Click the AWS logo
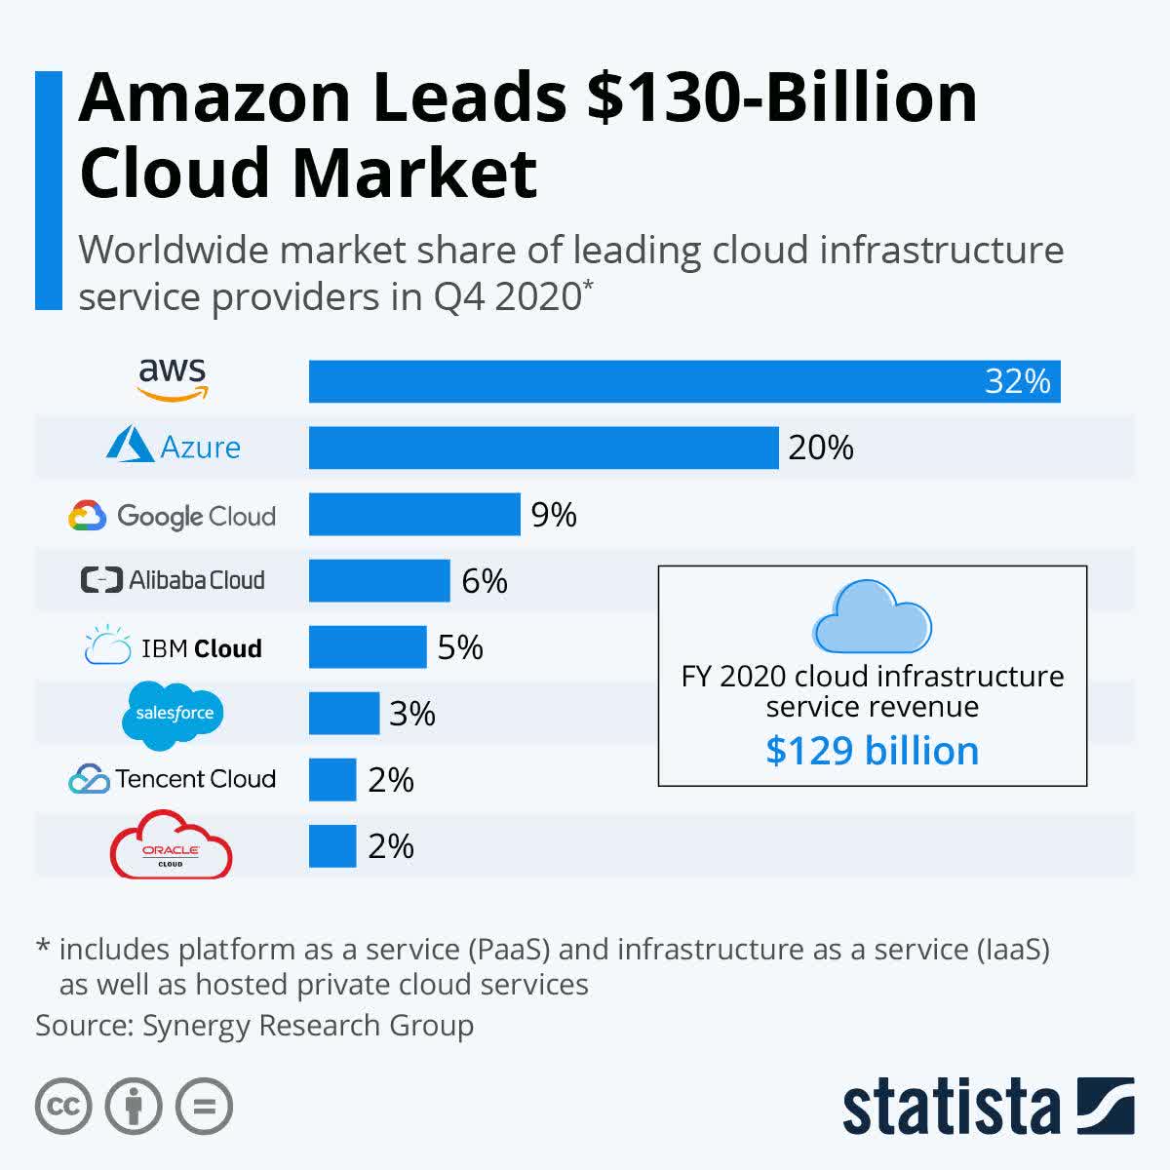coord(173,379)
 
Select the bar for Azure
coord(543,448)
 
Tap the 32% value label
coord(1017,381)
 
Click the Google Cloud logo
coord(173,516)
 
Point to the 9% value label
coord(554,515)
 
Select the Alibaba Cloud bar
coord(379,581)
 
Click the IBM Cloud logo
coord(174,647)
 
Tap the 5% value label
coord(460,647)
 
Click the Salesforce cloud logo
coord(174,715)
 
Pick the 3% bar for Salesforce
coord(344,714)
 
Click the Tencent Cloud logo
coord(173,779)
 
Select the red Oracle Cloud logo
coord(172,845)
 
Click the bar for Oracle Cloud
coord(332,846)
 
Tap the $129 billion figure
coord(872,751)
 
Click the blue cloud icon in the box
coord(872,617)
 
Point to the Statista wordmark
coord(951,1108)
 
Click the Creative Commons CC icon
coord(63,1107)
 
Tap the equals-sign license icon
coord(205,1107)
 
